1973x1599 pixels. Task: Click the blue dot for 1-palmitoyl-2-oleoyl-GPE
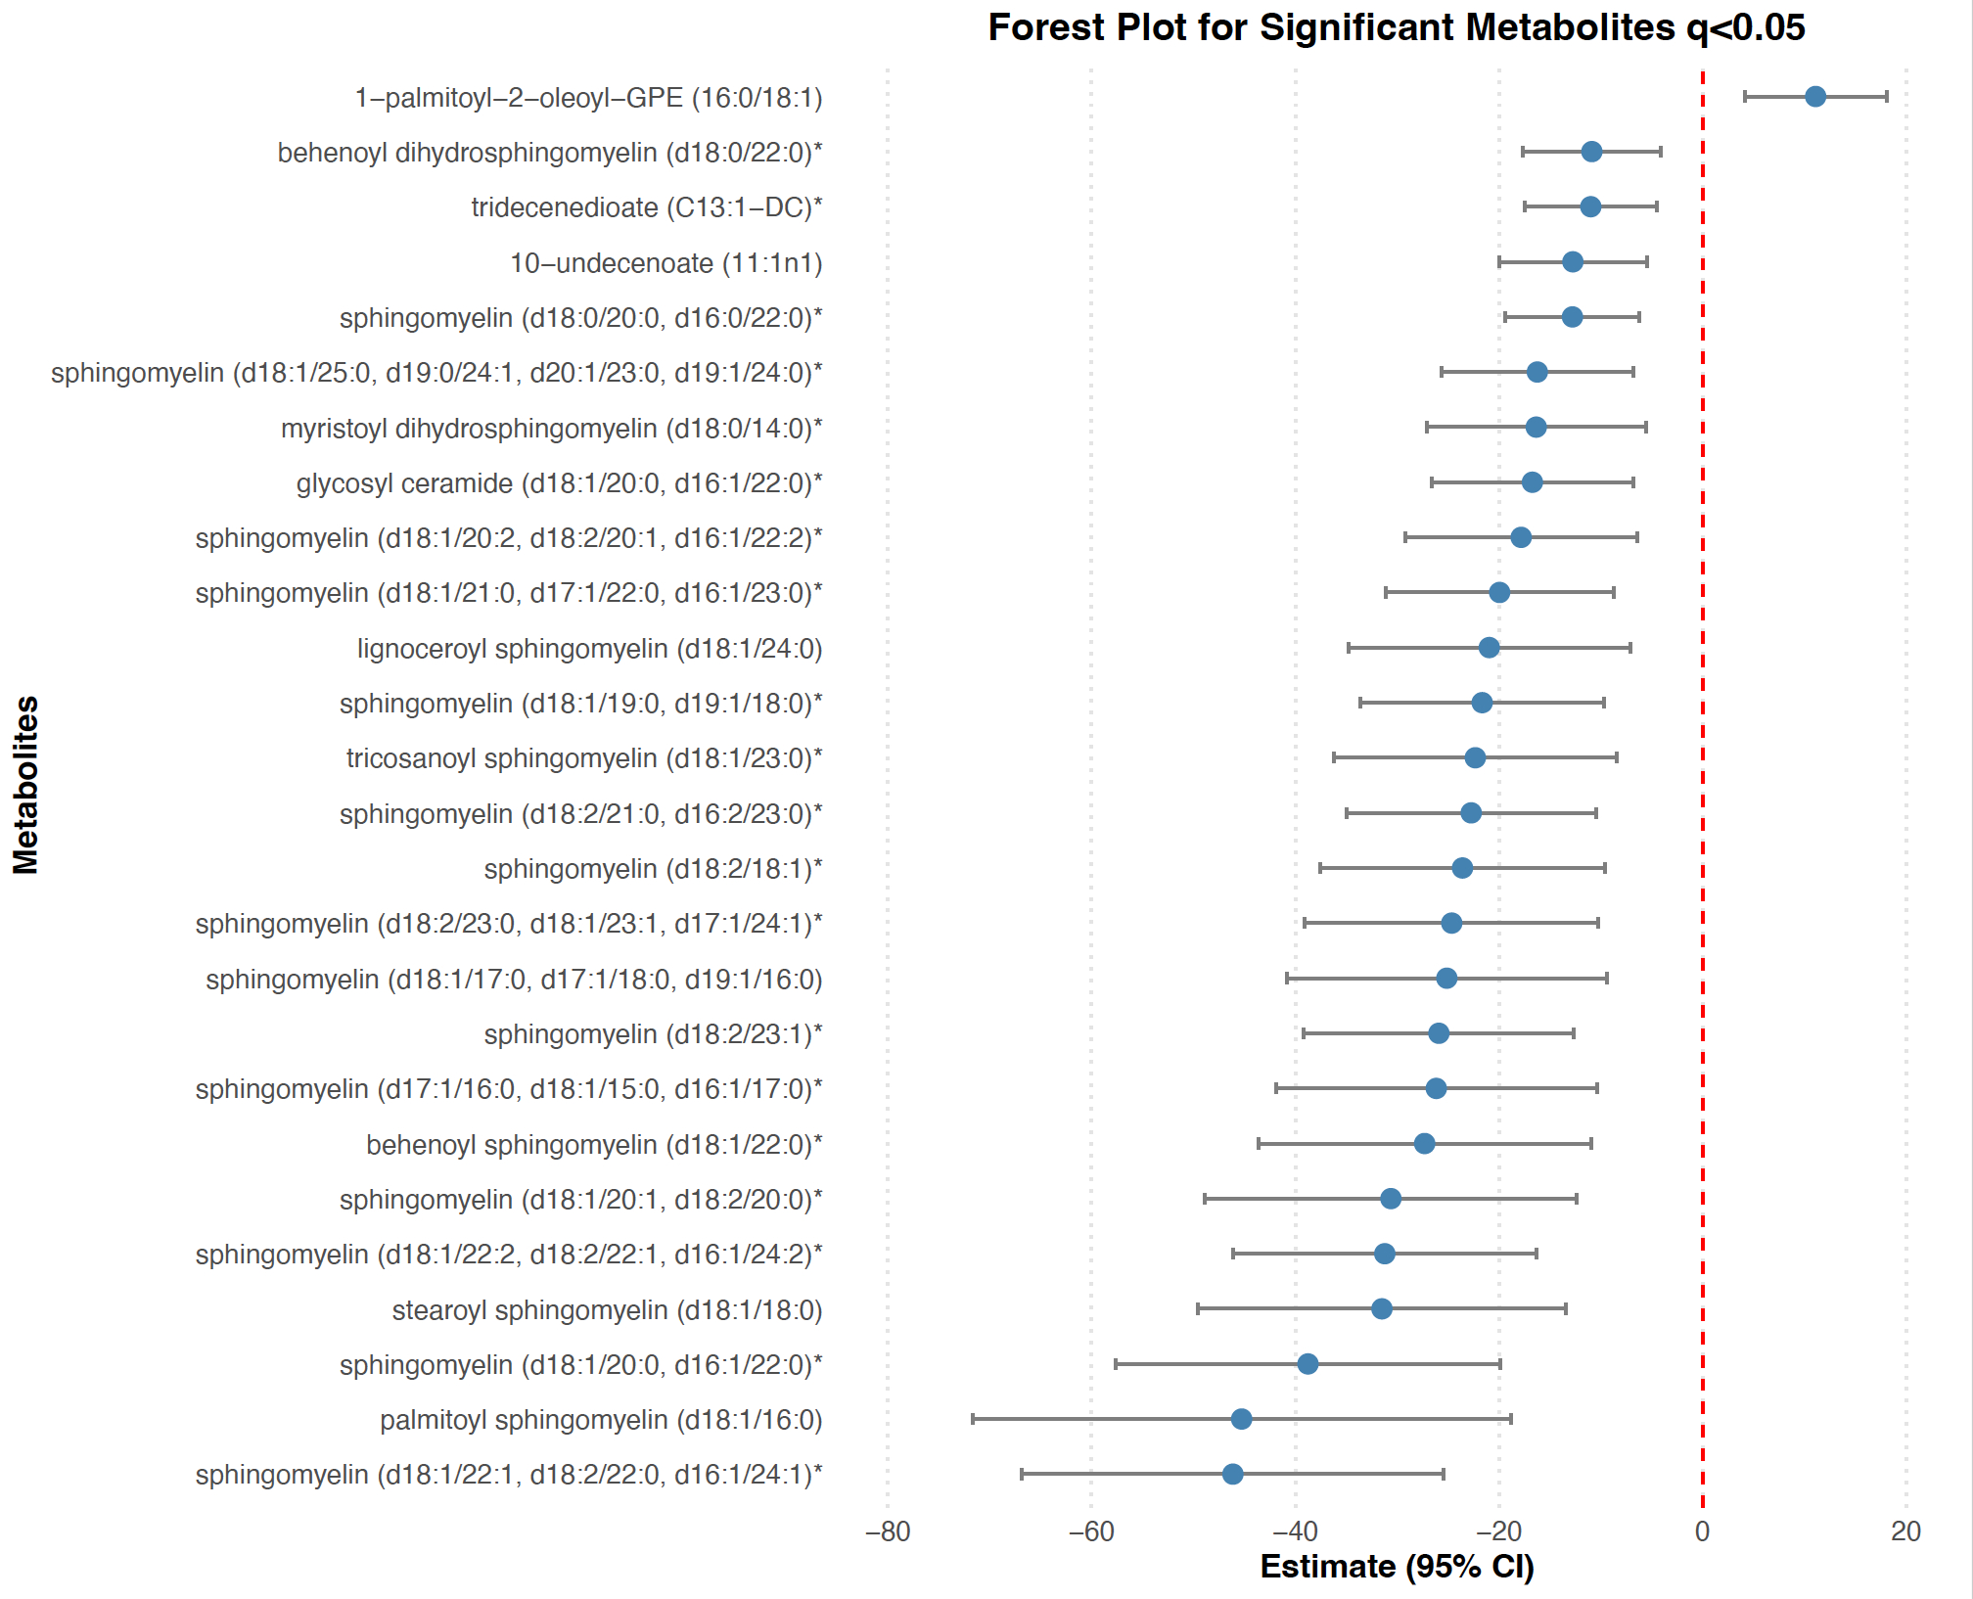click(1814, 97)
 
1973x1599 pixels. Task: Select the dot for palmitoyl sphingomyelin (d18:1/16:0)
click(1241, 1419)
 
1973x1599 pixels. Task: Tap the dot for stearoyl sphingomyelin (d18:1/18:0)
click(1381, 1308)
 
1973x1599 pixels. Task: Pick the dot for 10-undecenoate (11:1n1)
click(1572, 262)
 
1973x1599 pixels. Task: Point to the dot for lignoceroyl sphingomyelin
click(1489, 648)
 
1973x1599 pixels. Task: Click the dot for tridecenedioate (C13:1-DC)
click(1590, 206)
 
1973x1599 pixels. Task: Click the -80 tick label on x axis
click(888, 1531)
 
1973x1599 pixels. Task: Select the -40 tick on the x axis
click(1295, 1531)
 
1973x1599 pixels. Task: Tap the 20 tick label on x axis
click(1905, 1531)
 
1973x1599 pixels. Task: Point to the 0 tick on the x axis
click(1702, 1531)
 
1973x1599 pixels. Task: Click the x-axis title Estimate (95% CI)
click(1397, 1567)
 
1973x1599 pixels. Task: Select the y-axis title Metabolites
click(26, 784)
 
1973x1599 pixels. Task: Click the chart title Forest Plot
click(1396, 27)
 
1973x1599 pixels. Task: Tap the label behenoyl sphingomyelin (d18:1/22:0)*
click(594, 1145)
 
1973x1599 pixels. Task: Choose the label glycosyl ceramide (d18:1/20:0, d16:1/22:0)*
click(559, 483)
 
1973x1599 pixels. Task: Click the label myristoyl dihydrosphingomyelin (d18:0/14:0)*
click(551, 429)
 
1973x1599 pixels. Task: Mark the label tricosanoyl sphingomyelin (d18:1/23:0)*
click(584, 758)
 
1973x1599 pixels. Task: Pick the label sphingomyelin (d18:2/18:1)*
click(653, 869)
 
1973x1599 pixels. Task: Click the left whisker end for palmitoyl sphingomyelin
click(973, 1419)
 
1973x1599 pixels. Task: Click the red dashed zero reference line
click(1702, 783)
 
